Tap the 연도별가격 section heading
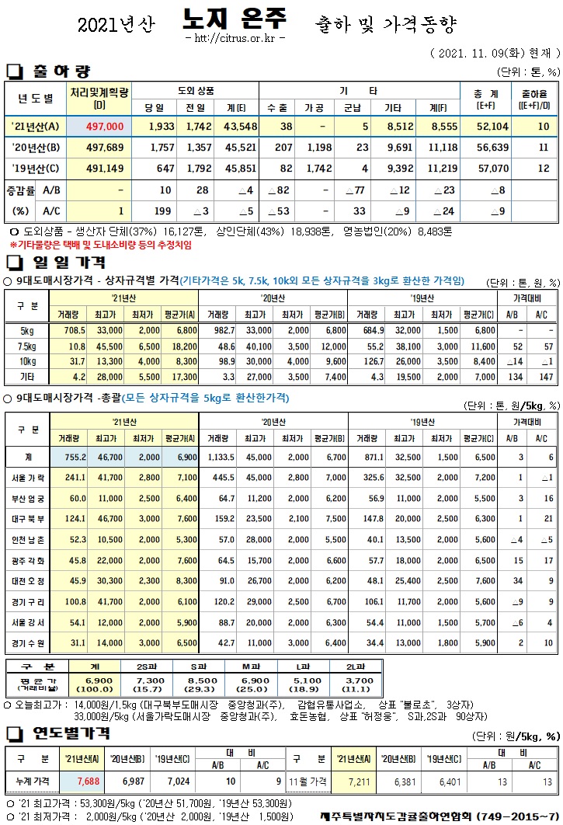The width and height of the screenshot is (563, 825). tap(67, 733)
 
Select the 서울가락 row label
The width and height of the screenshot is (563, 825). tap(28, 477)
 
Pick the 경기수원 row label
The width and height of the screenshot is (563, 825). tap(28, 642)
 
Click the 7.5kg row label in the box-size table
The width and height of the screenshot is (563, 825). tap(26, 346)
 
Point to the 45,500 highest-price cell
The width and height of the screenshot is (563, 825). tap(109, 346)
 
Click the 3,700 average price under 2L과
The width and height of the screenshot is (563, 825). tap(356, 681)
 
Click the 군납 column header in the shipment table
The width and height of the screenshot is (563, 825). tap(352, 106)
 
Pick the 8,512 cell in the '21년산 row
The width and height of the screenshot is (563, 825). tap(394, 126)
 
